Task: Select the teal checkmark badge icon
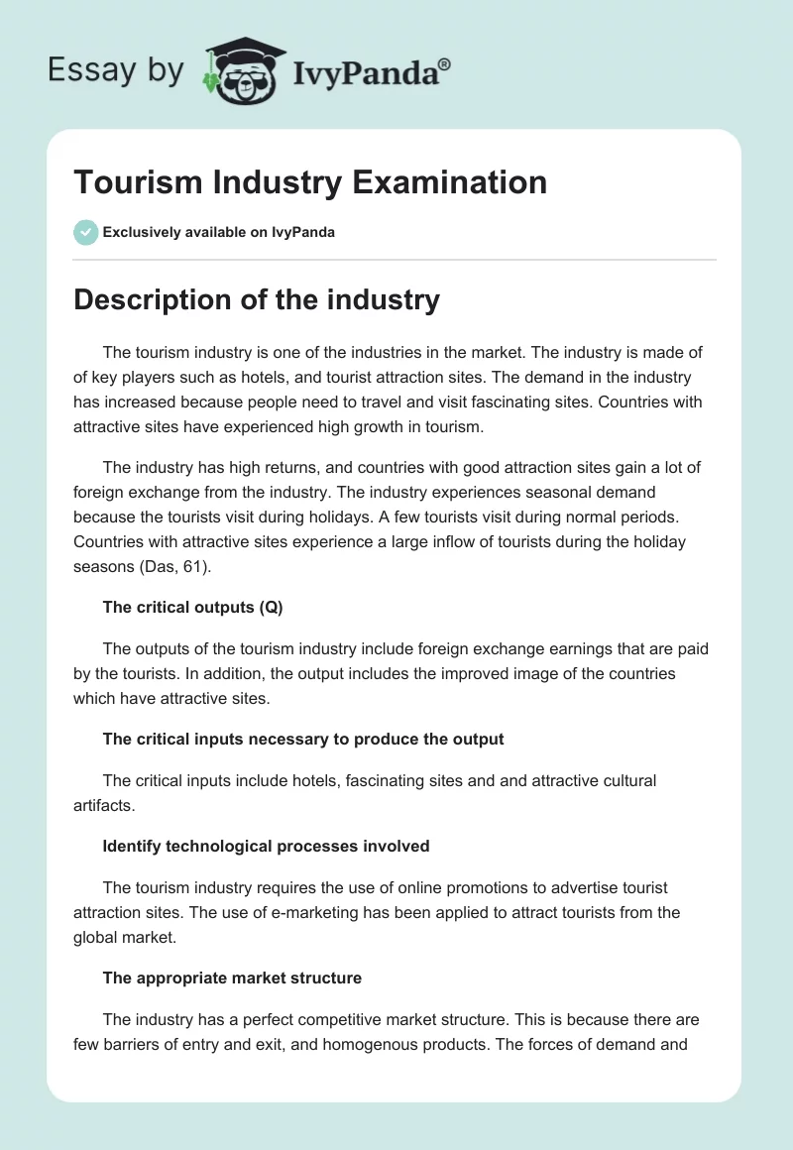[85, 232]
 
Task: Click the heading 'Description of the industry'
[257, 299]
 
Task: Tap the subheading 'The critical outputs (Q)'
[192, 608]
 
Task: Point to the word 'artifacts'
[102, 805]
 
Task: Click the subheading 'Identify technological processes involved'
[266, 846]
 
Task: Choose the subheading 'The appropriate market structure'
[232, 977]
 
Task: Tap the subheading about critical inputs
[303, 739]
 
